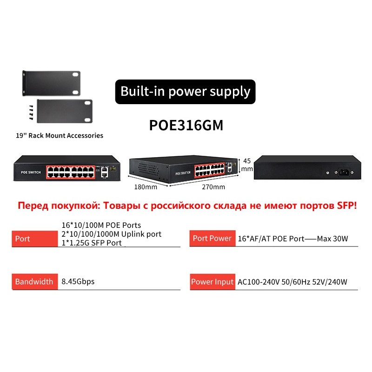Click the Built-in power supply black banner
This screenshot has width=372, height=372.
(185, 91)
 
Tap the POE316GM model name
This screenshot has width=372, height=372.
(186, 126)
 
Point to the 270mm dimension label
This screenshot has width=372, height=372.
(213, 187)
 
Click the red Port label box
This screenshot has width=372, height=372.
(35, 239)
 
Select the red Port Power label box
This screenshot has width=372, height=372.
(212, 239)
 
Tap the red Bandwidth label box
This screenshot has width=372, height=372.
(35, 281)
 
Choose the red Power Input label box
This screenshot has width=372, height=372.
(212, 281)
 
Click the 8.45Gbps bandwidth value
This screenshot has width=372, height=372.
(78, 281)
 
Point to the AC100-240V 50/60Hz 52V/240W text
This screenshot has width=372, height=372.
(292, 282)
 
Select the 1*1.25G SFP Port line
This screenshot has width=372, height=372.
(92, 243)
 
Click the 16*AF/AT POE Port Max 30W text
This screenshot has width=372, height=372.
(293, 239)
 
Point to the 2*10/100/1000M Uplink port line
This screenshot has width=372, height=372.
(112, 234)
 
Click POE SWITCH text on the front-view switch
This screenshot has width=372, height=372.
(31, 173)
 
